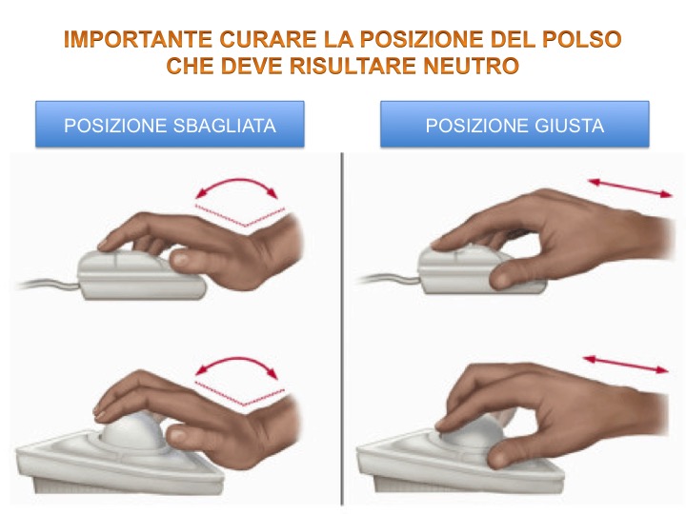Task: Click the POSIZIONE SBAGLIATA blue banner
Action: point(170,125)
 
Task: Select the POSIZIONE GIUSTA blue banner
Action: point(514,125)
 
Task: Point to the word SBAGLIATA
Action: point(225,126)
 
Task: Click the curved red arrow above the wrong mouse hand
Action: point(236,179)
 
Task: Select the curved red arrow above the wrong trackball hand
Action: point(236,359)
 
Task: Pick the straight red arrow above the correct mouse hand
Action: point(630,188)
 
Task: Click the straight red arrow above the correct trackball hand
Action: point(626,365)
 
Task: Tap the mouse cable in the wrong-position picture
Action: point(49,284)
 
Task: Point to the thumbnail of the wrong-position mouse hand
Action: point(179,260)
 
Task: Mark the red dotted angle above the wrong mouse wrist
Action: point(240,215)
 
